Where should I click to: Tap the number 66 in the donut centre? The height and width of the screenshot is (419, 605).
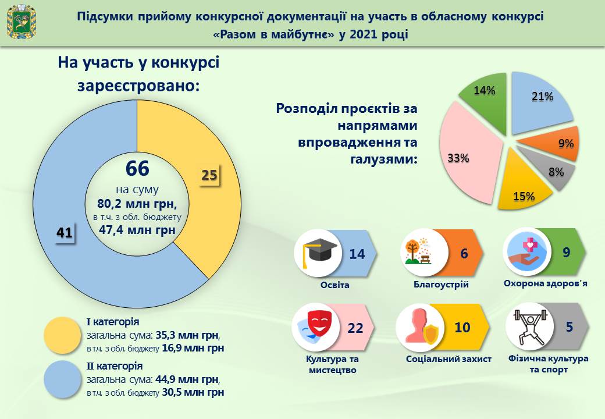[x=138, y=169]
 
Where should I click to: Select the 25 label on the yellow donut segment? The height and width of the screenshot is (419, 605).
[x=209, y=175]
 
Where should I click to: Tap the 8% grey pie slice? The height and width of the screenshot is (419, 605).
[x=550, y=172]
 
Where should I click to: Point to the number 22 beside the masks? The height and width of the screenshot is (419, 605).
[x=355, y=328]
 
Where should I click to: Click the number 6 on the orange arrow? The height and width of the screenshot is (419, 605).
[x=464, y=254]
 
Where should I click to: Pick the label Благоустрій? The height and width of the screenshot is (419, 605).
[x=441, y=285]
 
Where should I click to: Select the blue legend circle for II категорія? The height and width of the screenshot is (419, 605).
[x=63, y=379]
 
